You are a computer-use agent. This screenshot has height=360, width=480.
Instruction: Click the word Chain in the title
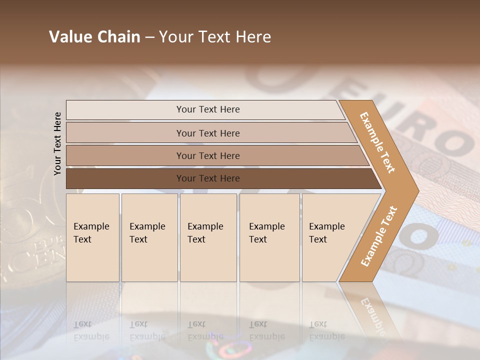pos(118,37)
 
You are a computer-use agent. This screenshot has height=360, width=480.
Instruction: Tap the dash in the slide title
pos(149,37)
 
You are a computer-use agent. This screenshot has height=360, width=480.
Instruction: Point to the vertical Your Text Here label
pos(57,143)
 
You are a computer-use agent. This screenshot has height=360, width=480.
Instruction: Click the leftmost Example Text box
pos(92,237)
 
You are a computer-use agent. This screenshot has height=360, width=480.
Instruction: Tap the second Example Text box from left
pos(149,237)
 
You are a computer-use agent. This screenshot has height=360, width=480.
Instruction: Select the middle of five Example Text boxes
pos(208,237)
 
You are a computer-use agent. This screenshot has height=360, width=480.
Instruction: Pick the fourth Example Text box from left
pos(269,237)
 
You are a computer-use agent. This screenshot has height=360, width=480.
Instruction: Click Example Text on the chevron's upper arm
pos(377,142)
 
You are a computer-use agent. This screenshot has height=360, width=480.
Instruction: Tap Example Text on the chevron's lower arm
pos(378,236)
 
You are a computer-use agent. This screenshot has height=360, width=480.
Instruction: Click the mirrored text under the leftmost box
pos(91,330)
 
